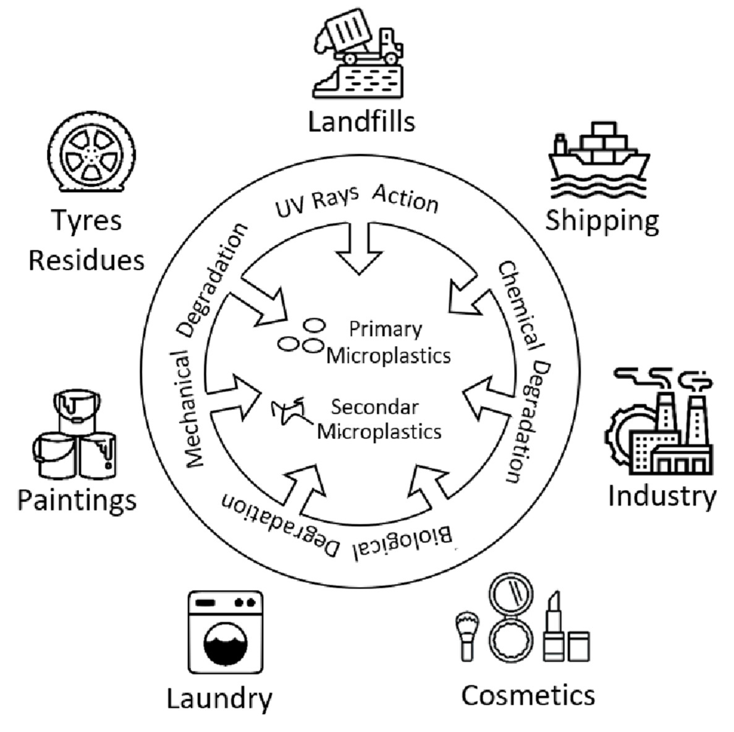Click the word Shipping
coord(602,221)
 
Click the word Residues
coord(86,261)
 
